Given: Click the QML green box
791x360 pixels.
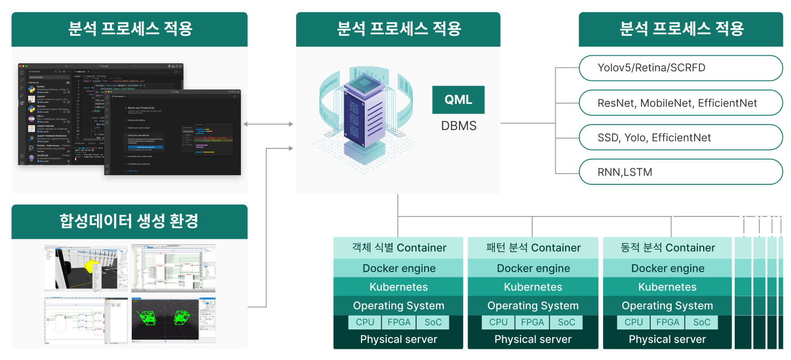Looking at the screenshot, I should [458, 100].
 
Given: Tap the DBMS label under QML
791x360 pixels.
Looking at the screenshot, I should [458, 126].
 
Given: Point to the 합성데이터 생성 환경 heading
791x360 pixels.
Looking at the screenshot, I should [130, 221].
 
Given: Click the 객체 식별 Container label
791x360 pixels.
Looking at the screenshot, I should [398, 247].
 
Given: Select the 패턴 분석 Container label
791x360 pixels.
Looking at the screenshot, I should [533, 247].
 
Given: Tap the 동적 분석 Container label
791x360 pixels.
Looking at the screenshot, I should [667, 247].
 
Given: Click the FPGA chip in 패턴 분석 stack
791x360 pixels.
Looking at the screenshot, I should [532, 322].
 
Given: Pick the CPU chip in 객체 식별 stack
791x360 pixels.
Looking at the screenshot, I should [365, 322].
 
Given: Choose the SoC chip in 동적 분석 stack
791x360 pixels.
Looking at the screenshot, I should [702, 322].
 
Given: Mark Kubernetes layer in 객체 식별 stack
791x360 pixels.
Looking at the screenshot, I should [398, 287].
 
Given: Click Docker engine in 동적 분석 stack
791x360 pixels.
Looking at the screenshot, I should [667, 268].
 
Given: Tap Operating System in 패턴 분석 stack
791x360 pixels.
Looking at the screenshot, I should [533, 306].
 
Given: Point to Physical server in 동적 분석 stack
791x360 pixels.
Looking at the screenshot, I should [667, 340].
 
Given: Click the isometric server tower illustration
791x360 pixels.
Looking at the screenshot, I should [363, 118].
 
